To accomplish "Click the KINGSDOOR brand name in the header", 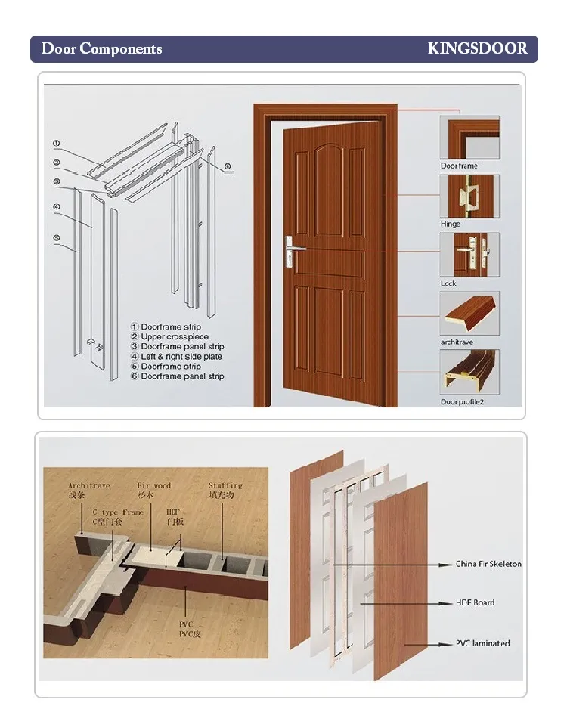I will [477, 49].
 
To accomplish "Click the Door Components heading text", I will [101, 49].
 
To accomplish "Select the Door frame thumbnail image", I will [469, 138].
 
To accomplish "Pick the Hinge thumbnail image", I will [469, 196].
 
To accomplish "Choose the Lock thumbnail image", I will [469, 255].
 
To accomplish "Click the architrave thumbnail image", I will [469, 314].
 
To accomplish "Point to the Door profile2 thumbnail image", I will [469, 372].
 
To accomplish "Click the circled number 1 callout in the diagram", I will [56, 143].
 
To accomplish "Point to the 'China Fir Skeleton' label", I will [488, 564].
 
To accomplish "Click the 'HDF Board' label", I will [475, 602].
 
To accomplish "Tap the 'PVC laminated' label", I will [482, 643].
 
